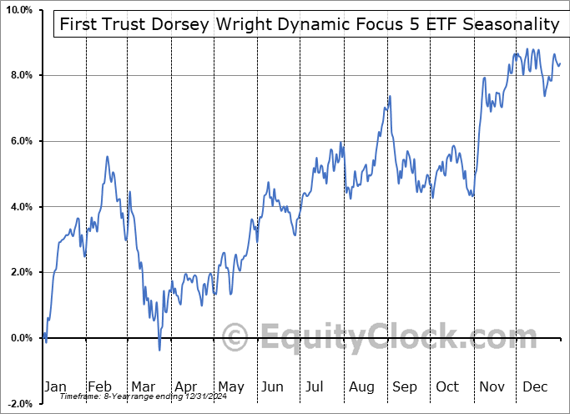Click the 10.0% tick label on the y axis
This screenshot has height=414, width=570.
tap(18, 10)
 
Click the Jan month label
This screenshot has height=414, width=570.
tap(54, 386)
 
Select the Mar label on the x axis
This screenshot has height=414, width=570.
tap(142, 386)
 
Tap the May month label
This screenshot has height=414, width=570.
tap(230, 386)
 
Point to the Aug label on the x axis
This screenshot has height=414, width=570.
tap(362, 386)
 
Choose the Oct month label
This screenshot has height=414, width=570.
tap(448, 386)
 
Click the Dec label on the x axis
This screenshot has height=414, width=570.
tap(535, 386)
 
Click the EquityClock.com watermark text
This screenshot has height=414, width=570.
tap(371, 338)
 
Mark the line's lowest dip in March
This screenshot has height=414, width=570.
tap(159, 350)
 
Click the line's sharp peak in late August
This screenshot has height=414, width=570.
tap(389, 96)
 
